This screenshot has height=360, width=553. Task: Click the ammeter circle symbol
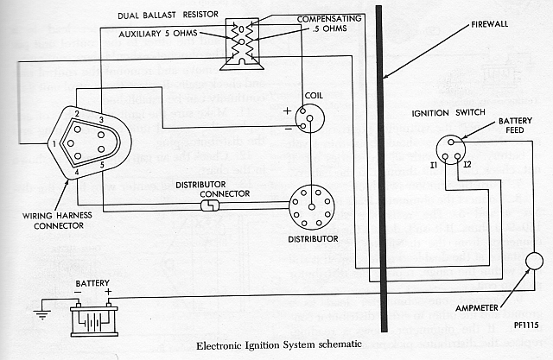point(534,262)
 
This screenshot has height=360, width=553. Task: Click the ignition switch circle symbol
point(451,149)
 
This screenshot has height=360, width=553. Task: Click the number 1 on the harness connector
point(54,142)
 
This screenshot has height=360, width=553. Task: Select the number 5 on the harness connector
point(103,164)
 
